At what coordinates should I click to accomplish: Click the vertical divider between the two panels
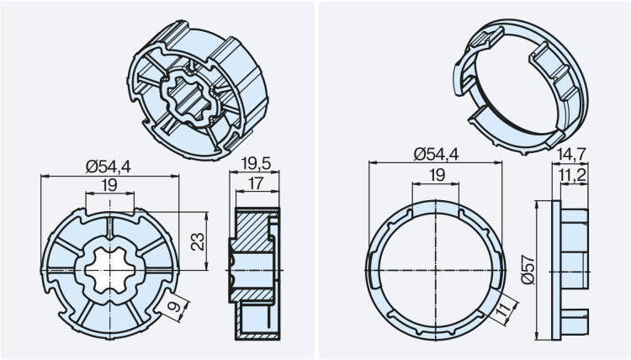coord(315,180)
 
